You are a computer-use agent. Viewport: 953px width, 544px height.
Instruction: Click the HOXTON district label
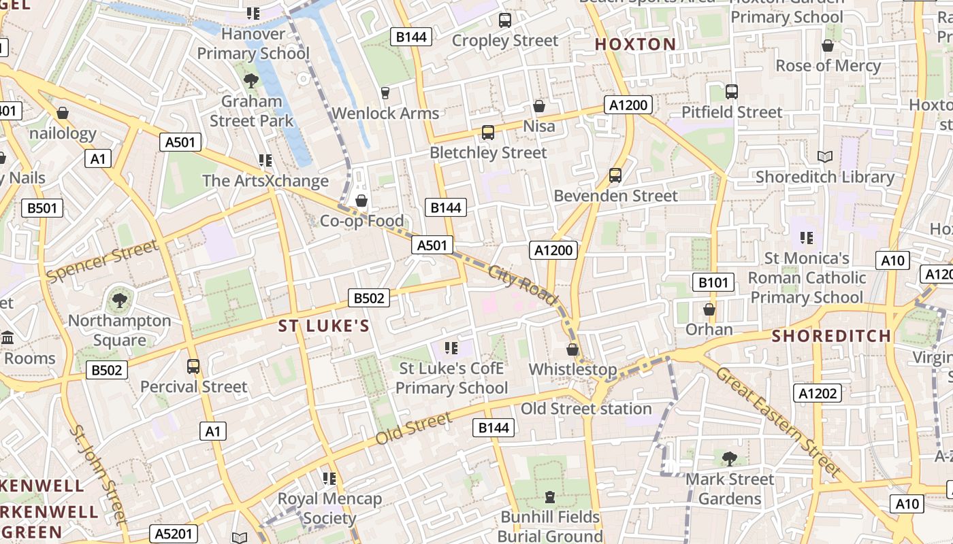click(x=636, y=45)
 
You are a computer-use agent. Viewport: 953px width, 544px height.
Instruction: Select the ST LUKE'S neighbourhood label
click(x=324, y=326)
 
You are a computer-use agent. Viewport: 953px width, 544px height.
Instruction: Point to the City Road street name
click(x=523, y=284)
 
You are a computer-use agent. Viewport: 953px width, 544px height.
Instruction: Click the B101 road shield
click(x=713, y=282)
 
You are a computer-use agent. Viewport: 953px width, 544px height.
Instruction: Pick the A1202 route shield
click(x=818, y=393)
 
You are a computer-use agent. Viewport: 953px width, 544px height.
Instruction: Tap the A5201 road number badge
click(x=174, y=534)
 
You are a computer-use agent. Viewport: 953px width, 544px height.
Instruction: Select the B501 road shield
click(x=42, y=208)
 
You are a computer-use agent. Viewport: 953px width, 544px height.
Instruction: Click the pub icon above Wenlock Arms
click(x=385, y=92)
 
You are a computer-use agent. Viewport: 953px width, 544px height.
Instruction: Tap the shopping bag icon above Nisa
click(x=539, y=106)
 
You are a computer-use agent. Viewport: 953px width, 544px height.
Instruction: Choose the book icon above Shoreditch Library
click(x=825, y=157)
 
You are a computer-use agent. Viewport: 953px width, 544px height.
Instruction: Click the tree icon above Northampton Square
click(x=120, y=300)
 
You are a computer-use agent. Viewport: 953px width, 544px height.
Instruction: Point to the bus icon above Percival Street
click(x=193, y=367)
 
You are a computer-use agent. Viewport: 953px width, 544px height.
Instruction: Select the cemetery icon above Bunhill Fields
click(x=550, y=497)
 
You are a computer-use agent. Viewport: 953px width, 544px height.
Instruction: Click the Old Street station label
click(x=586, y=409)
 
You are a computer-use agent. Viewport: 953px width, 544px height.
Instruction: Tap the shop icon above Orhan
click(x=709, y=310)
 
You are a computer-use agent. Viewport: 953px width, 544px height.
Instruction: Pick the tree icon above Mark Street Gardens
click(x=730, y=459)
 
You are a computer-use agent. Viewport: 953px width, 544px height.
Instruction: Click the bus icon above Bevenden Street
click(x=615, y=175)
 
